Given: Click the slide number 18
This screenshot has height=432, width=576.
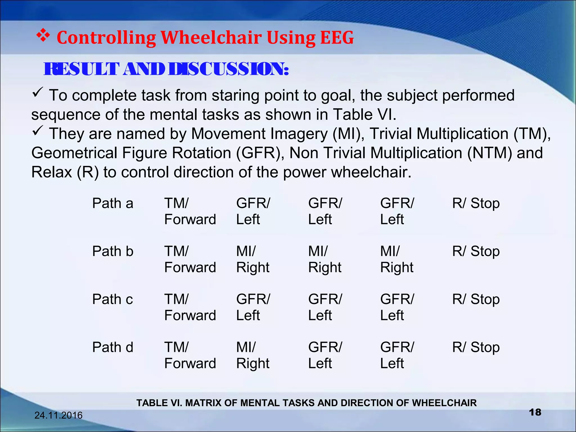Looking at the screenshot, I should pos(535,412).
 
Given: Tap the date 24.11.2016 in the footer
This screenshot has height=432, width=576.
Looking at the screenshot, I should pos(58,415).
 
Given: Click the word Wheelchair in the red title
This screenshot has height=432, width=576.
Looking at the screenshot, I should pos(211,38).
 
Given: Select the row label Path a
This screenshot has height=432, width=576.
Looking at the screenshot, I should pos(112,203).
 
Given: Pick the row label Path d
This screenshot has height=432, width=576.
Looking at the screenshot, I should pos(112,347).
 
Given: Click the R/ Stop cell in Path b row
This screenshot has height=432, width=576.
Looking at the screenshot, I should pos(476,251).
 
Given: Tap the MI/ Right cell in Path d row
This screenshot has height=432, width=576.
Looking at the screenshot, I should pos(253,355).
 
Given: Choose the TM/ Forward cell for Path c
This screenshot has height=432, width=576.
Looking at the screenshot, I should pos(190,307).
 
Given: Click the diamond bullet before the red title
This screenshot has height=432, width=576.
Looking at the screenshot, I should pos(43,36).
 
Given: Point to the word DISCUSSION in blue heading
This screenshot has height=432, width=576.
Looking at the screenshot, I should pos(228,69).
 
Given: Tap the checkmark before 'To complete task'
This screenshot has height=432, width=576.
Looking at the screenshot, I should pos(37,92).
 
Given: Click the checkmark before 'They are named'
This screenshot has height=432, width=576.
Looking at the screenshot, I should pos(37,130).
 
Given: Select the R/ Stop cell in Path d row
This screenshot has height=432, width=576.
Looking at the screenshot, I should pos(476,347).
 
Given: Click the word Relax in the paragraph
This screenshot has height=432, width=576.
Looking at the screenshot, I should pos(51,172).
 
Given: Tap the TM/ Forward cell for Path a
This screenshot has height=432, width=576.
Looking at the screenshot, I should pos(190,211).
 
